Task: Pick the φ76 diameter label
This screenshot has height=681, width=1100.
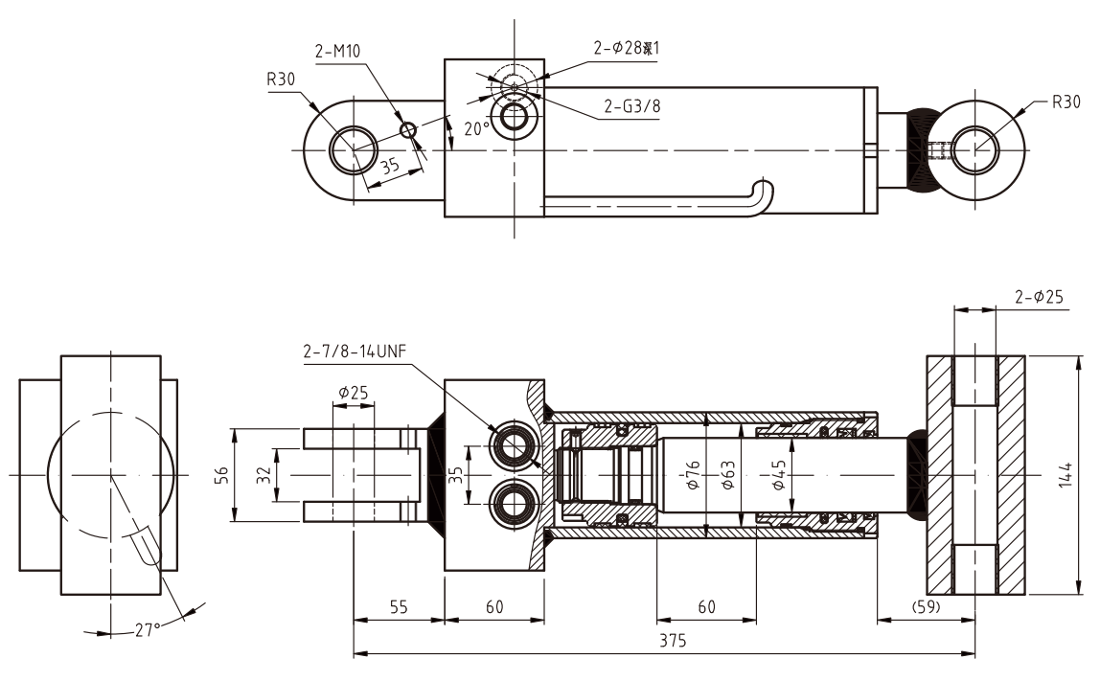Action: (x=695, y=475)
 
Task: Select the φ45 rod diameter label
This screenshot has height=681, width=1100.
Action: (x=778, y=475)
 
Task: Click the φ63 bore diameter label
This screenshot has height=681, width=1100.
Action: (x=727, y=475)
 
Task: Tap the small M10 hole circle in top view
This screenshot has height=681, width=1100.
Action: (x=409, y=130)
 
